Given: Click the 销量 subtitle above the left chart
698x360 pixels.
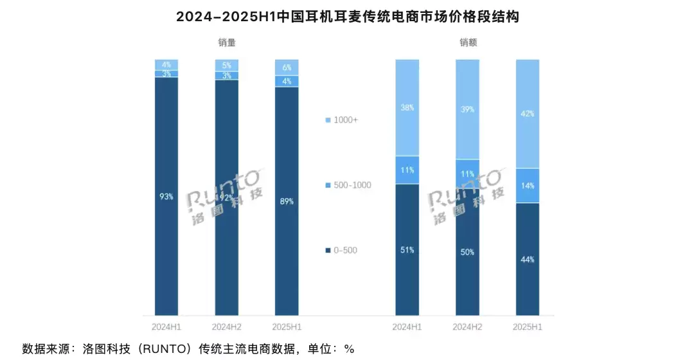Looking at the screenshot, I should (227, 42).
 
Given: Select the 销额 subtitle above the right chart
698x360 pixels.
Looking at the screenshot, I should (468, 42).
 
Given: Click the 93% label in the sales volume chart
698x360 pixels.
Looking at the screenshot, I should (166, 197).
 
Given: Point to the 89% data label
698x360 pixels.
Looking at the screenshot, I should (287, 201).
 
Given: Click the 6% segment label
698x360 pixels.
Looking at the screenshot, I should (287, 67).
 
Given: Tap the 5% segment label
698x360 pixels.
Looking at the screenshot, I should (227, 65).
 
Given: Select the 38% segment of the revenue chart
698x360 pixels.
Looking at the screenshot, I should (407, 108).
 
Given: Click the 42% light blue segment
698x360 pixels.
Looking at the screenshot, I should (528, 114).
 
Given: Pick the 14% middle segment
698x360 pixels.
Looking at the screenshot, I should (528, 186).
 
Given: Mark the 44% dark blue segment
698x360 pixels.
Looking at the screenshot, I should (528, 259).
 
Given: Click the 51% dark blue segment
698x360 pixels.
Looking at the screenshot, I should (407, 250).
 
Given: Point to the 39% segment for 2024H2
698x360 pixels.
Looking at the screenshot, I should (467, 109).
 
